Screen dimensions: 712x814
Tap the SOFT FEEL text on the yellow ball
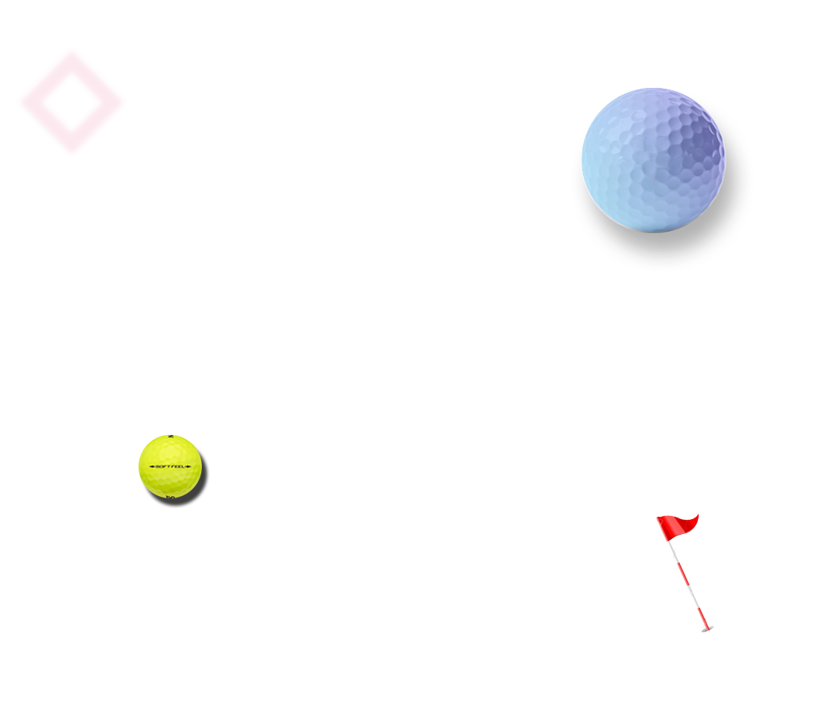pos(171,466)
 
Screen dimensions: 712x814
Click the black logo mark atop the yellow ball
pos(171,436)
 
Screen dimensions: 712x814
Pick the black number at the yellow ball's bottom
pos(171,496)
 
